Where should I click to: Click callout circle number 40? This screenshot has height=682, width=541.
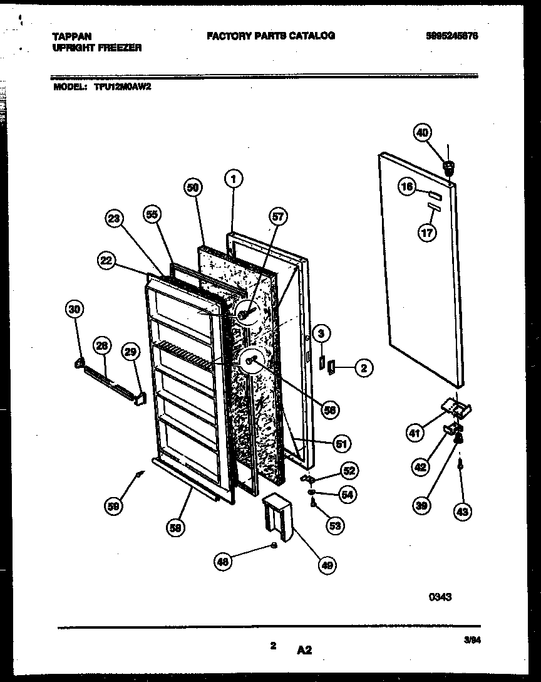423,132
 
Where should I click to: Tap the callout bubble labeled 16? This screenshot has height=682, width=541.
407,187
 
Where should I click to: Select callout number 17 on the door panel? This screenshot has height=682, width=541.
428,231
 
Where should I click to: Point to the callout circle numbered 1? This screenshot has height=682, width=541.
233,180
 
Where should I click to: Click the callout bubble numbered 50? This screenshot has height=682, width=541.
193,187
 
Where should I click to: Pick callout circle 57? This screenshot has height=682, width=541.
277,218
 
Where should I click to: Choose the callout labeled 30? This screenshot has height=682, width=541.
75,308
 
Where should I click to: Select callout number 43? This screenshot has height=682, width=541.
463,511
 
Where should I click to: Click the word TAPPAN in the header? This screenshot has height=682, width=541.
67,37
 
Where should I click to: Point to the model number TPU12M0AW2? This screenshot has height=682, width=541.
123,88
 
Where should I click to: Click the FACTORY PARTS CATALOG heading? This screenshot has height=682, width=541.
270,36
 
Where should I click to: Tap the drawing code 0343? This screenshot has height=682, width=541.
440,597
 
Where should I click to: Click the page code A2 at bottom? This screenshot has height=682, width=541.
304,651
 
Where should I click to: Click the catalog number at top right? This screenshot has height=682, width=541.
451,36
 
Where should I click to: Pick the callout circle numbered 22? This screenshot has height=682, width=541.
106,261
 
